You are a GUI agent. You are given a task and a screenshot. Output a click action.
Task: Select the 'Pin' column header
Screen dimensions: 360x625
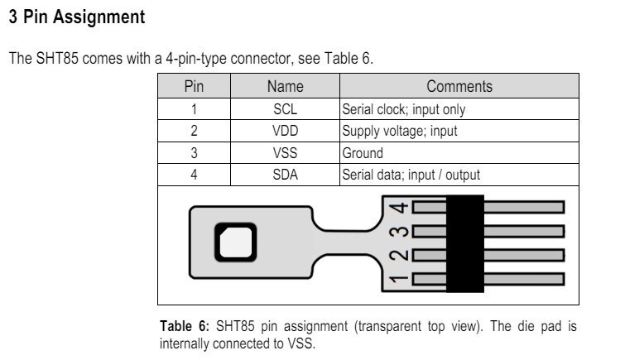[193, 86]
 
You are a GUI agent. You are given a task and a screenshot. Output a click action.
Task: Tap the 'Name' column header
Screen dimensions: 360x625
[285, 86]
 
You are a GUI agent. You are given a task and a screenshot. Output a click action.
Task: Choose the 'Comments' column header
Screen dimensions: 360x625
[459, 86]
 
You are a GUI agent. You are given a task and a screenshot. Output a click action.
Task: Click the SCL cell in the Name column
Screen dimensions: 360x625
[285, 109]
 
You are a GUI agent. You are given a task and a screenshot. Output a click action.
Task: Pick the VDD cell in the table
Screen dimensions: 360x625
[285, 131]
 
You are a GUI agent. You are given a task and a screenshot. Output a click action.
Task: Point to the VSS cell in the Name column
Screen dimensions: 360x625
[285, 153]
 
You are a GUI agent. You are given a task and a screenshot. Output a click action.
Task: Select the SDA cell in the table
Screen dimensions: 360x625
[285, 175]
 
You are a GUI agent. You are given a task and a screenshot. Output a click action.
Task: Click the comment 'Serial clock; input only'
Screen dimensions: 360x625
[403, 109]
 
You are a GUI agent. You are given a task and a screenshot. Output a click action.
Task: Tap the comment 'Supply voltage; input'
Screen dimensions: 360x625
[399, 131]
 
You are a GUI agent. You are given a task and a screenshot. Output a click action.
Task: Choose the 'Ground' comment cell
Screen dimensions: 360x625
[362, 153]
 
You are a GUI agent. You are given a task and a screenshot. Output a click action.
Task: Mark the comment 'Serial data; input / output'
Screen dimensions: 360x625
[411, 175]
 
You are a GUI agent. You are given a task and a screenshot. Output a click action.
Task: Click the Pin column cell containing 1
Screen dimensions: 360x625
[193, 109]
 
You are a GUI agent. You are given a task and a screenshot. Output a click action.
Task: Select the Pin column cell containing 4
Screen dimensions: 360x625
[193, 175]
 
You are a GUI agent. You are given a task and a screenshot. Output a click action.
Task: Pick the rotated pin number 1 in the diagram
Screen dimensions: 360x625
[400, 279]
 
